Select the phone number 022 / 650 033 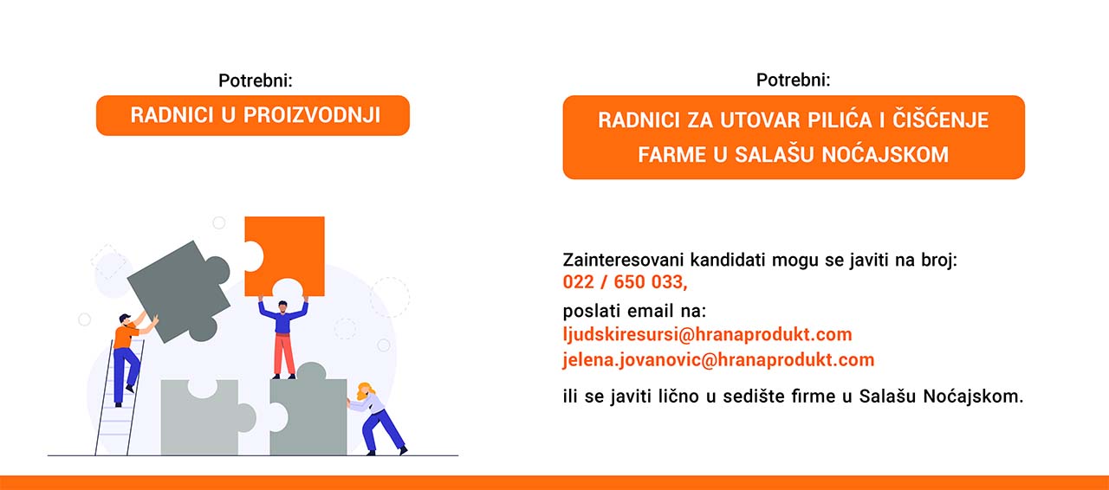(624, 282)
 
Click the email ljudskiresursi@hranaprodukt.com (707, 334)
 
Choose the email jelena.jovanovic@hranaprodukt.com (718, 360)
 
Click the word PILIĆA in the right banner (840, 119)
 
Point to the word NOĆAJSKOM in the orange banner (885, 154)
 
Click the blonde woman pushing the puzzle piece (377, 419)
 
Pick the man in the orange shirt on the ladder (130, 358)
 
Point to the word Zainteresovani (623, 260)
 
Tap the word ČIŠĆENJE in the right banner (940, 119)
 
